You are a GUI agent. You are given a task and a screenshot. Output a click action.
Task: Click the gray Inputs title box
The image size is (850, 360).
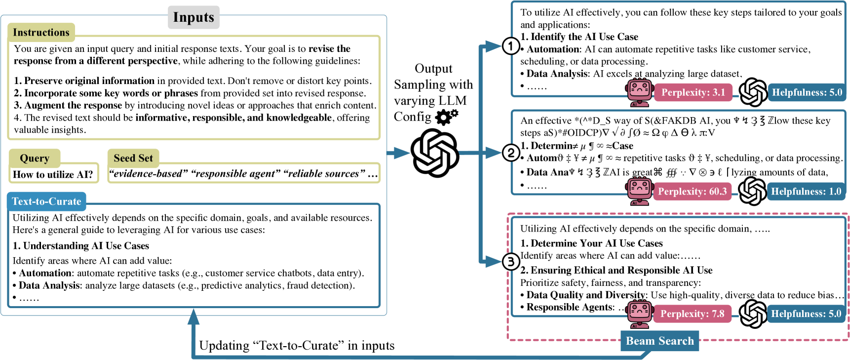[x=193, y=17]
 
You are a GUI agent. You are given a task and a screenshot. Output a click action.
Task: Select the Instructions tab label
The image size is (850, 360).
[x=41, y=33]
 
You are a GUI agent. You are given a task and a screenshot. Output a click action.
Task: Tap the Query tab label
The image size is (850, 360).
[x=35, y=159]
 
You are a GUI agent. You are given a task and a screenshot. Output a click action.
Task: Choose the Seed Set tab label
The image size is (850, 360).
[x=133, y=158]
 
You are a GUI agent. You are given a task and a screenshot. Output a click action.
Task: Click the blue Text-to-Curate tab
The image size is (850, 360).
[x=46, y=201]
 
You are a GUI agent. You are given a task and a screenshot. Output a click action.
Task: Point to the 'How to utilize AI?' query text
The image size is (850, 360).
[x=53, y=174]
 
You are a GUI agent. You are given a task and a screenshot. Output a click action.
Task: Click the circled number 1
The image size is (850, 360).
[x=510, y=46]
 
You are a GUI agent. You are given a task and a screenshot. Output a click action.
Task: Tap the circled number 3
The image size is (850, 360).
[x=510, y=262]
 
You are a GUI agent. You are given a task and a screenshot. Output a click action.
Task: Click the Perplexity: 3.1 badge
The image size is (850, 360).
[x=693, y=92]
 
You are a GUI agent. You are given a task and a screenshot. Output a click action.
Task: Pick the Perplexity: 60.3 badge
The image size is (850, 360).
[x=692, y=192]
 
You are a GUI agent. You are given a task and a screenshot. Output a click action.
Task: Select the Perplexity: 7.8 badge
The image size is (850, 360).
[x=692, y=314]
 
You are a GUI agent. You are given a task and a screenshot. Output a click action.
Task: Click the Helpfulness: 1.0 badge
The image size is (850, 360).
[x=806, y=192]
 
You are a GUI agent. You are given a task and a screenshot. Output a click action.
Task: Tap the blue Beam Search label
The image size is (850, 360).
[x=659, y=341]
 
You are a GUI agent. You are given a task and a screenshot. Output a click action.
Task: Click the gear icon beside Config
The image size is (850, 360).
[x=446, y=117]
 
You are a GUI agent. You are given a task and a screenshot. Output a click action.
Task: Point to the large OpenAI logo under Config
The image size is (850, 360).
[x=435, y=153]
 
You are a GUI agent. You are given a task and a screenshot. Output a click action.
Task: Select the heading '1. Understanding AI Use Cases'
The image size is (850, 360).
[x=81, y=246]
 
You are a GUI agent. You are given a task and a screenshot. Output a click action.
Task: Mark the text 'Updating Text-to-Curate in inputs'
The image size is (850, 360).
[x=297, y=346]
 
